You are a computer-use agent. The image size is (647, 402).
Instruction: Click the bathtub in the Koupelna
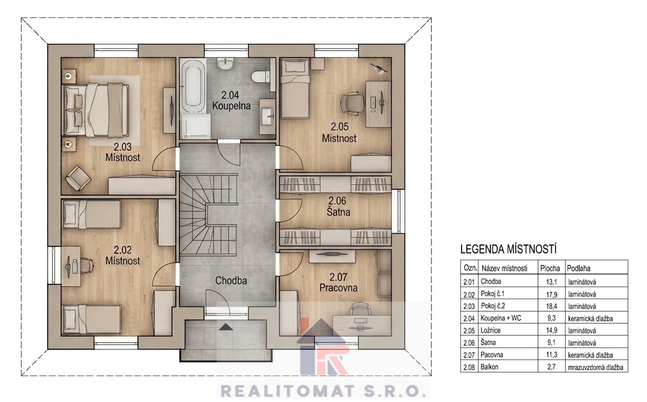193,87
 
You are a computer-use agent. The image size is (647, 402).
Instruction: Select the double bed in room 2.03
96,110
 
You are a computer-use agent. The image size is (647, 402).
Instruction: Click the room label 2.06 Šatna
338,206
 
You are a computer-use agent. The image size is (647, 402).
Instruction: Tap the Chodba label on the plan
231,281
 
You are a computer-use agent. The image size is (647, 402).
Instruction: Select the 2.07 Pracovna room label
338,282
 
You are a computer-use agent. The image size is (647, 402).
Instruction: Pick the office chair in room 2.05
352,102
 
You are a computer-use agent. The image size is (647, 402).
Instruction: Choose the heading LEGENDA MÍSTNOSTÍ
509,249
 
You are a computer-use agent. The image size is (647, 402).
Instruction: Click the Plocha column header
550,268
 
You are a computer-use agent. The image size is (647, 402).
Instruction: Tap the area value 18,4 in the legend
552,306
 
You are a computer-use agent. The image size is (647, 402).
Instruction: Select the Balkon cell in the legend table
489,367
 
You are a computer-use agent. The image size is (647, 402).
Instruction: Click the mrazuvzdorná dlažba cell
595,367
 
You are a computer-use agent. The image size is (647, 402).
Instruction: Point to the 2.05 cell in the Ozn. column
469,330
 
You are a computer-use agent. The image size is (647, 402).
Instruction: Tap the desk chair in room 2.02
85,266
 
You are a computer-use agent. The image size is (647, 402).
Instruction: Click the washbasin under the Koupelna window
226,62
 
